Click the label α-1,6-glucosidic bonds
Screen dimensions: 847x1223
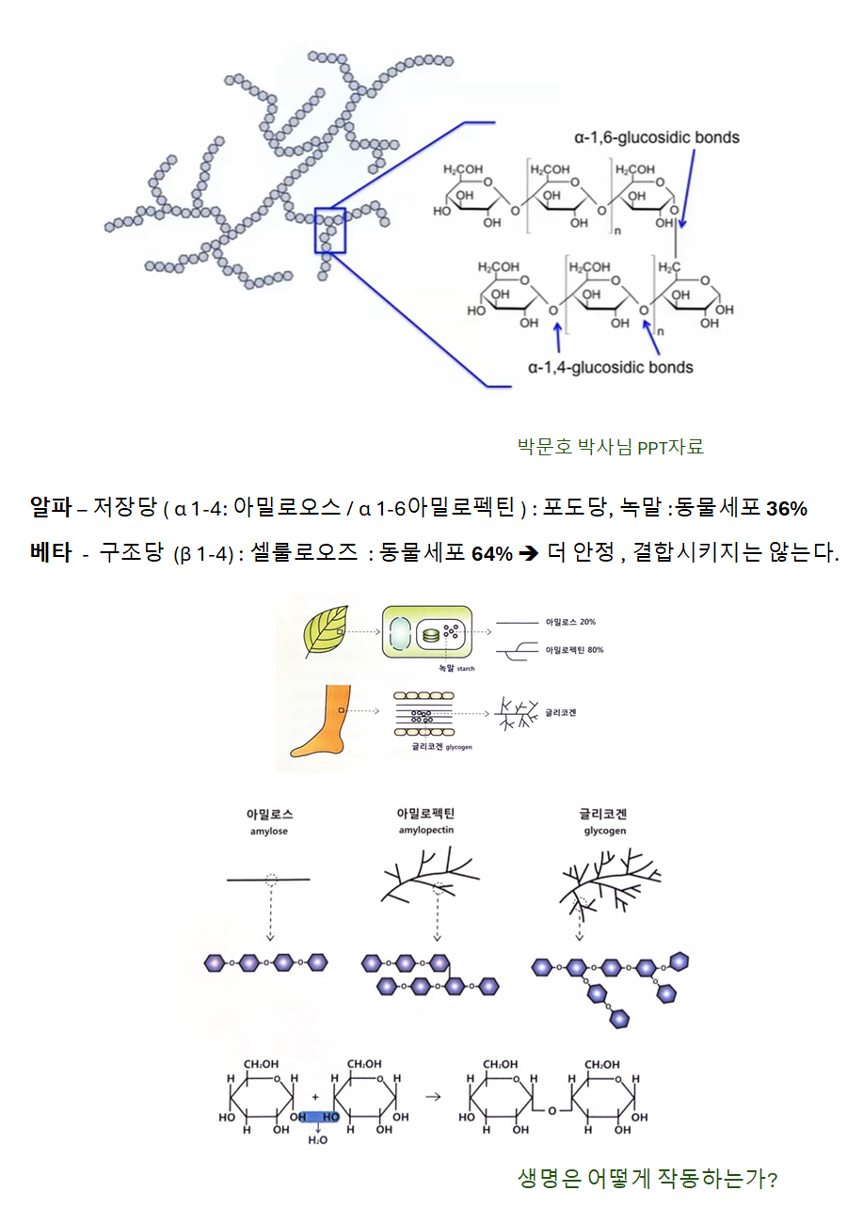pos(656,137)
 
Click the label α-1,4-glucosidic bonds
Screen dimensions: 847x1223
pos(610,368)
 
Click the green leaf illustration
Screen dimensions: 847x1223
pos(326,631)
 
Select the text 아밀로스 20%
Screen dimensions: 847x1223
pos(570,622)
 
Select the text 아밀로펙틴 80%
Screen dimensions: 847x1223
pos(574,650)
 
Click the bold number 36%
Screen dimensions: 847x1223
pos(787,509)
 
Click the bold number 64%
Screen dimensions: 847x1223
pos(492,554)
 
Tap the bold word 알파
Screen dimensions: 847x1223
pos(51,507)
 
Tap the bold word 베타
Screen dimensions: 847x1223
pos(51,552)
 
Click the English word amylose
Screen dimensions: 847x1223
pos(268,832)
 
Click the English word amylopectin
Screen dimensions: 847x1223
pos(426,831)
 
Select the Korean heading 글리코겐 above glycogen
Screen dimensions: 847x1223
pos(603,814)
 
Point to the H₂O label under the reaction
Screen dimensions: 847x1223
pos(317,1140)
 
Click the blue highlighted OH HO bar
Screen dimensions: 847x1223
pos(316,1117)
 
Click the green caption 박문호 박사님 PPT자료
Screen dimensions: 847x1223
pos(611,447)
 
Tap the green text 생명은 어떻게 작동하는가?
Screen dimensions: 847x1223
pos(647,1179)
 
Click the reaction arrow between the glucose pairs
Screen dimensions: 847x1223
pos(433,1096)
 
